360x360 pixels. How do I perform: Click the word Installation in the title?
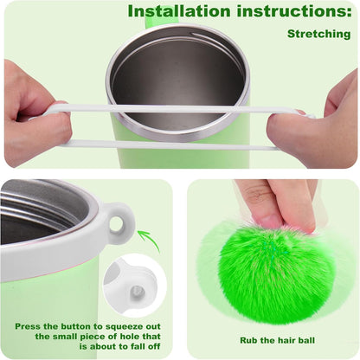click(x=179, y=11)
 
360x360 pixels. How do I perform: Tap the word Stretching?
click(x=319, y=34)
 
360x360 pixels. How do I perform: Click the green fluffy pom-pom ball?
click(x=273, y=273)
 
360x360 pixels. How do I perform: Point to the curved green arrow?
click(x=152, y=241)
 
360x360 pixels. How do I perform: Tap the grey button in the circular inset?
click(x=138, y=292)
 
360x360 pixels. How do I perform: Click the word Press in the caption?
click(x=28, y=327)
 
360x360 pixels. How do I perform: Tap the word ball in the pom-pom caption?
click(x=305, y=340)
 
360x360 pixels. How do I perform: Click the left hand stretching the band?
click(x=35, y=115)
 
